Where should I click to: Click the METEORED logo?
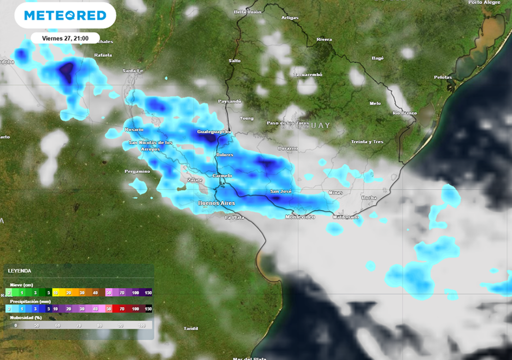(x=65, y=15)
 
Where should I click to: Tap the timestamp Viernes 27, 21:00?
(x=65, y=38)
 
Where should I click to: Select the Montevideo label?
(x=300, y=217)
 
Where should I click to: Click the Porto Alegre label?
(x=484, y=2)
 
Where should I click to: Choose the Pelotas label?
(x=443, y=77)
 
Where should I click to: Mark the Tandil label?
(x=191, y=328)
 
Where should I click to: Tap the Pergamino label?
(x=137, y=171)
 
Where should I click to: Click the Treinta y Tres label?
(x=367, y=142)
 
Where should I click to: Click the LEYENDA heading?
(x=19, y=270)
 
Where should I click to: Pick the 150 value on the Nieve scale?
(x=148, y=292)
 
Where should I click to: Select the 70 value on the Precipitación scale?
(x=121, y=309)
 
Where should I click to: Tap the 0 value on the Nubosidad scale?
(x=15, y=325)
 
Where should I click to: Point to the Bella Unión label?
(x=247, y=11)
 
